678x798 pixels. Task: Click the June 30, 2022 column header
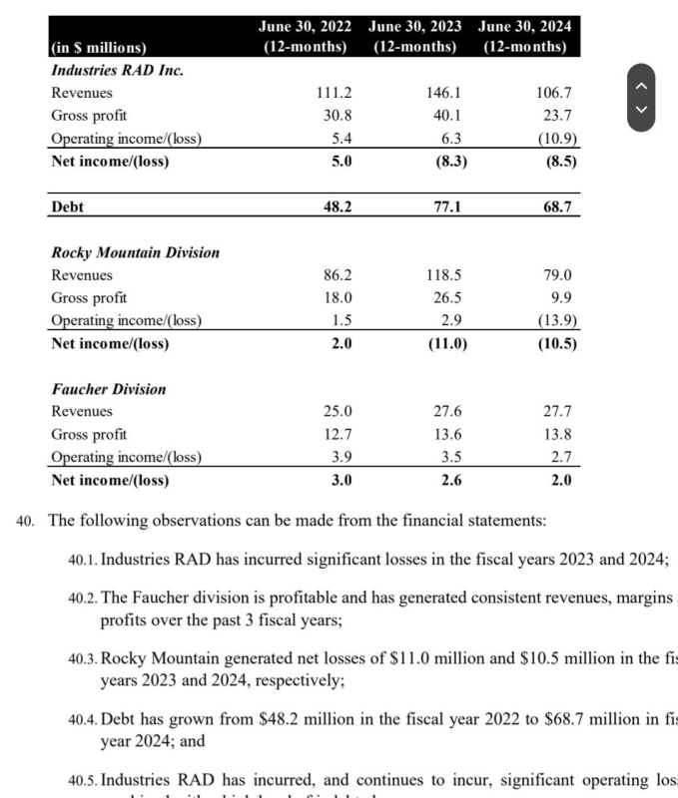point(304,36)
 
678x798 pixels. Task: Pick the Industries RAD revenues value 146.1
point(442,93)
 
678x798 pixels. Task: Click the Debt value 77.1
point(442,206)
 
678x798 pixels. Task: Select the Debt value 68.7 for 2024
point(554,206)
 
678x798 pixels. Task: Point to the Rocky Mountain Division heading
point(135,252)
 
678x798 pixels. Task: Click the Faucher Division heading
point(109,389)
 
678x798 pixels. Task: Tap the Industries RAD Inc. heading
point(117,70)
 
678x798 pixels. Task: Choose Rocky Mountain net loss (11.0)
point(439,344)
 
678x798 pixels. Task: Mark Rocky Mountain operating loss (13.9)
point(556,321)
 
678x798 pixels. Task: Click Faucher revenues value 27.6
point(442,411)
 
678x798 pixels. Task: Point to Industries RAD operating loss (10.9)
point(556,139)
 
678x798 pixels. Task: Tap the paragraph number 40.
point(26,521)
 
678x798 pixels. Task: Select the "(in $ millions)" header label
point(98,47)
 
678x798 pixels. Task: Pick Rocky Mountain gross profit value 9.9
point(560,298)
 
